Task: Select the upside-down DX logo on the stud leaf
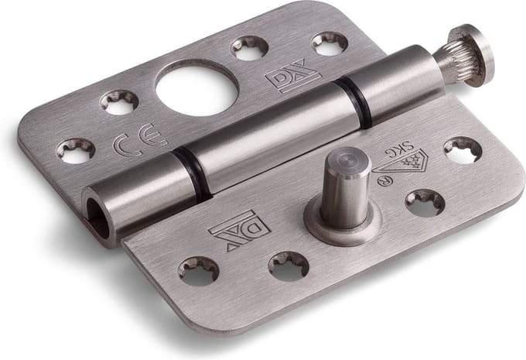239,231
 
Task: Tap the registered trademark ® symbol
383,180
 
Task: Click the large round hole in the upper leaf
197,89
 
